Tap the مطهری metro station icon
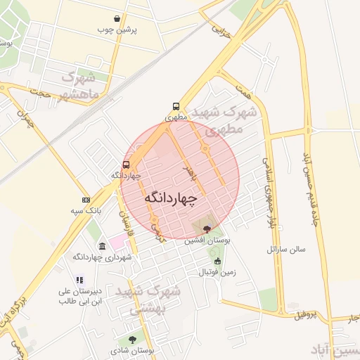click(x=176, y=107)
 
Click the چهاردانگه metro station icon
click(x=126, y=165)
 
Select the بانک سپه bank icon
click(x=86, y=200)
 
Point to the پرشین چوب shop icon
click(x=117, y=19)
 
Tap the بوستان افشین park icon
click(x=206, y=229)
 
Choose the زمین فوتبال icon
click(x=217, y=261)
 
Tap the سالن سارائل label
click(x=284, y=250)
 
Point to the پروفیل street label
click(x=311, y=314)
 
